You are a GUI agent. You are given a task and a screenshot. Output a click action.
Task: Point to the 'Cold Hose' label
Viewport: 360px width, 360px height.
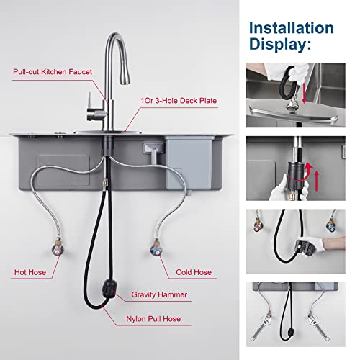[x=194, y=273]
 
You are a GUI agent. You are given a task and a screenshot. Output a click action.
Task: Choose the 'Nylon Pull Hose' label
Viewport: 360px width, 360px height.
[x=156, y=318]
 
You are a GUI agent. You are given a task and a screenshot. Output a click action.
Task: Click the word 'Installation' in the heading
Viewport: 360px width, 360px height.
[x=291, y=28]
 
